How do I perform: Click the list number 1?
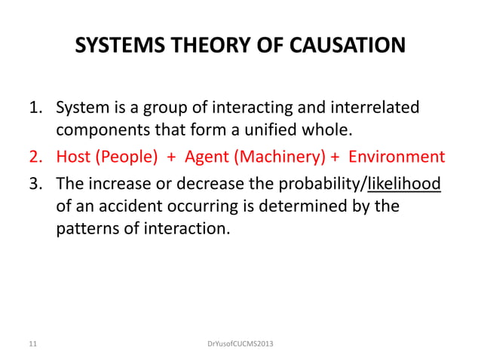pos(35,108)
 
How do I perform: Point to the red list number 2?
pos(35,157)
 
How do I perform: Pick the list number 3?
pos(35,182)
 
